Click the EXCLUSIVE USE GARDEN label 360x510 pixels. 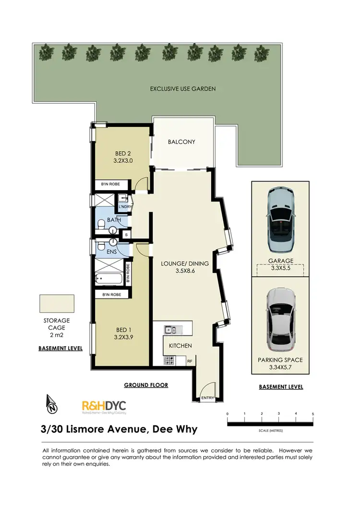click(x=182, y=89)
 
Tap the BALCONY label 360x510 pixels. click(x=181, y=142)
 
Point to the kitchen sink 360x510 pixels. click(x=171, y=329)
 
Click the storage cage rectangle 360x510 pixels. click(x=57, y=304)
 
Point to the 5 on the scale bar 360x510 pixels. click(x=313, y=413)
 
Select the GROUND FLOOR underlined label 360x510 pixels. click(x=146, y=385)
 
